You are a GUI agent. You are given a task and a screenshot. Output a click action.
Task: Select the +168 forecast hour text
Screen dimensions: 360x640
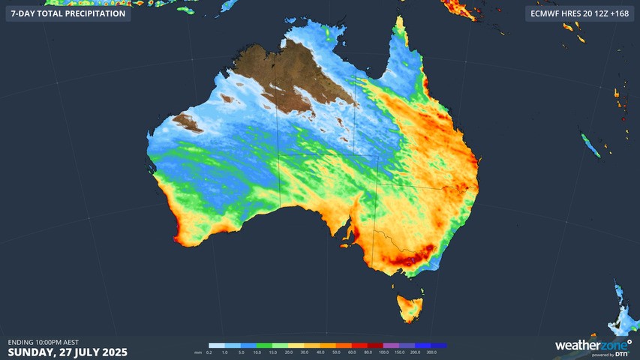[x=621, y=13]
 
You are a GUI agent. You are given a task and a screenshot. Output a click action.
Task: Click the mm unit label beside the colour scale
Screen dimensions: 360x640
[x=197, y=352]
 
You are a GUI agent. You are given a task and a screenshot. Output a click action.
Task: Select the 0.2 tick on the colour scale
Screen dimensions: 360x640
[x=209, y=352]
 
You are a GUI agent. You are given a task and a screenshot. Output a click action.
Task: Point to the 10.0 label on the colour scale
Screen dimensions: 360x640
[x=257, y=352]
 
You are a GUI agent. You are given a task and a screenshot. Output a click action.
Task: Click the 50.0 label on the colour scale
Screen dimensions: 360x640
[x=336, y=352]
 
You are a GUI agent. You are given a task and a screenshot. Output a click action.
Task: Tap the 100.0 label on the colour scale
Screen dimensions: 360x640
[x=383, y=352]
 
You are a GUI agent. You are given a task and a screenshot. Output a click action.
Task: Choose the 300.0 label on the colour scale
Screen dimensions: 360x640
[x=431, y=352]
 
